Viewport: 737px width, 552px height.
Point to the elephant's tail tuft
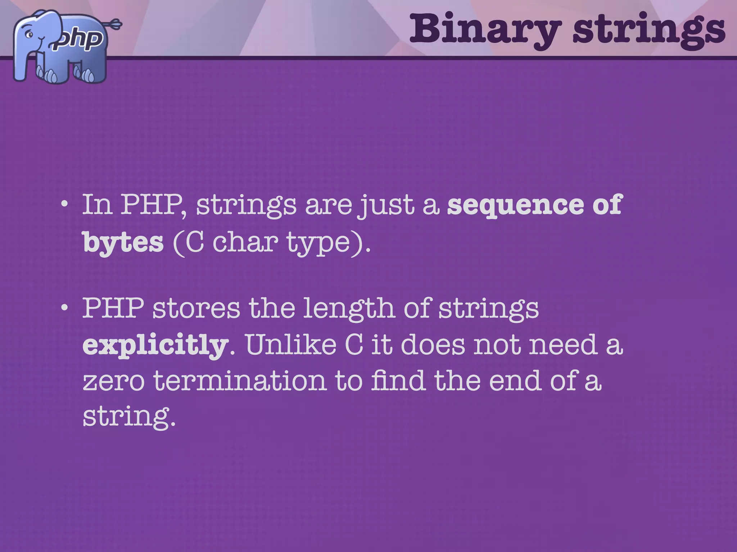click(x=116, y=24)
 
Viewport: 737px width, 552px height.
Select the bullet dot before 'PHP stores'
click(x=64, y=308)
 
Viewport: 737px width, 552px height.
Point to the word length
click(x=349, y=309)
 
